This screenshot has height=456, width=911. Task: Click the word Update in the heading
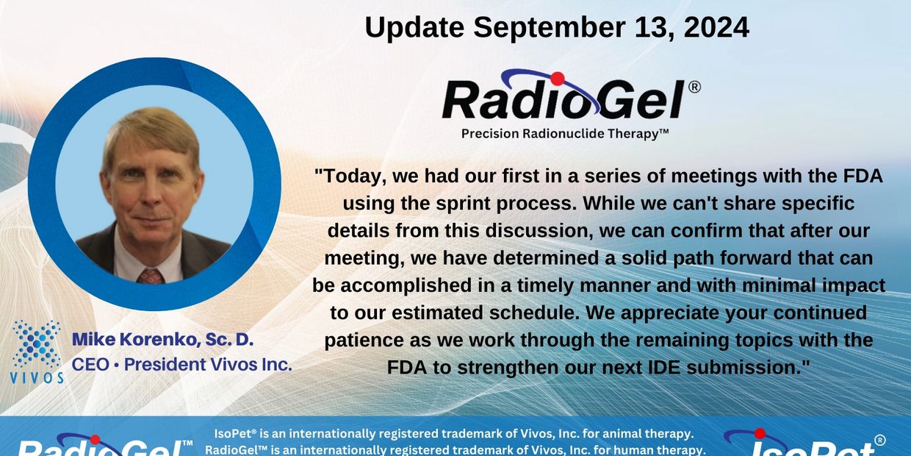click(414, 27)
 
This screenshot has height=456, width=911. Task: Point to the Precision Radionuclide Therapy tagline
click(564, 134)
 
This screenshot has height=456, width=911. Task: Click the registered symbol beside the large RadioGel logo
click(694, 87)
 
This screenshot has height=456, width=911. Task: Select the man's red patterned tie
click(150, 276)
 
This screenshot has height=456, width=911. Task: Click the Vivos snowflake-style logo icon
click(37, 344)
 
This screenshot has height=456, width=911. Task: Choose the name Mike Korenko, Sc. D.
click(163, 340)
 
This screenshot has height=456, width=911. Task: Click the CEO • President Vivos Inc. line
click(181, 364)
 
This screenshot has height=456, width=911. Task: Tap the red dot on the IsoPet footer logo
click(760, 434)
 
